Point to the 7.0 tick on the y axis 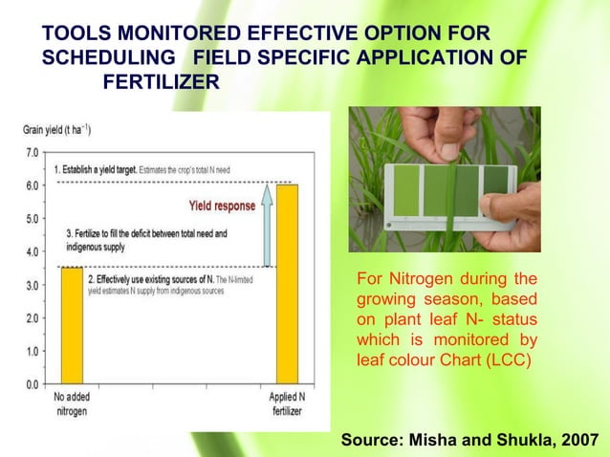click(32, 152)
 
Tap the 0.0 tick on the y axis click(32, 384)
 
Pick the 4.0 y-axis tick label click(32, 251)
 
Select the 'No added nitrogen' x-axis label click(73, 403)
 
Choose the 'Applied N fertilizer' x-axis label click(286, 403)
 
